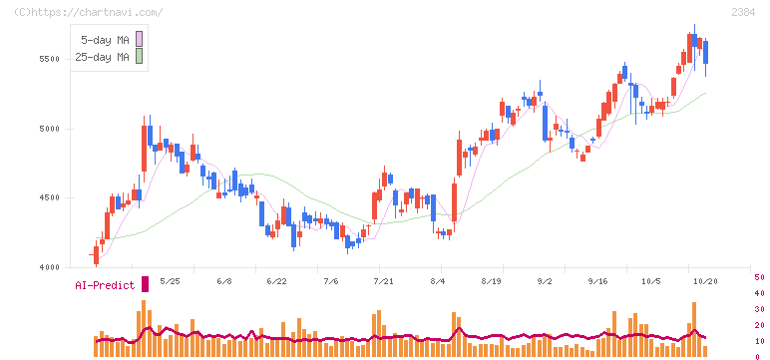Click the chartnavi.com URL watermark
pyautogui.click(x=88, y=12)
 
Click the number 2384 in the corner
pyautogui.click(x=743, y=12)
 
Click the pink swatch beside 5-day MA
pyautogui.click(x=139, y=39)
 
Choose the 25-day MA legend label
pyautogui.click(x=102, y=57)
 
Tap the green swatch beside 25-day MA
pyautogui.click(x=139, y=56)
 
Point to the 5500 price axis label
pyautogui.click(x=49, y=59)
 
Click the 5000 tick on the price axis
pyautogui.click(x=49, y=129)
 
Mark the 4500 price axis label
pyautogui.click(x=49, y=197)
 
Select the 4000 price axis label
pyautogui.click(x=49, y=267)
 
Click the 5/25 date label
pyautogui.click(x=170, y=281)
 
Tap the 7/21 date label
pyautogui.click(x=384, y=281)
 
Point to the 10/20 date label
pyautogui.click(x=705, y=281)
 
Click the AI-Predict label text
pyautogui.click(x=105, y=285)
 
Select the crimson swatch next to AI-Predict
pyautogui.click(x=145, y=284)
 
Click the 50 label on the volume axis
pyautogui.click(x=759, y=277)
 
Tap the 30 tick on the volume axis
pyautogui.click(x=759, y=309)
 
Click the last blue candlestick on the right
pyautogui.click(x=706, y=53)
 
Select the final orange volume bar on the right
pyautogui.click(x=705, y=351)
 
